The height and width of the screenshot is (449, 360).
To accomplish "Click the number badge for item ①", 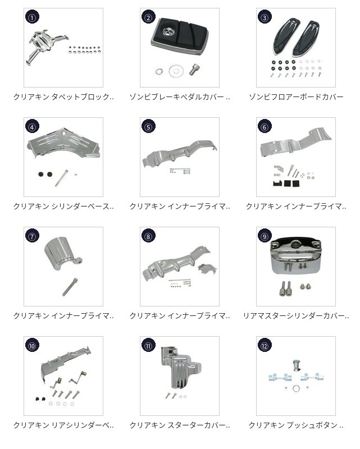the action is [x=32, y=17].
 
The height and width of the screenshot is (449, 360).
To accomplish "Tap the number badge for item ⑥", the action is [x=265, y=127].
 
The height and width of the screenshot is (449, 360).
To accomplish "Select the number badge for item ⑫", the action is [x=265, y=346].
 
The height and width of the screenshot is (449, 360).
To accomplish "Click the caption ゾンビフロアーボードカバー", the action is [x=296, y=97].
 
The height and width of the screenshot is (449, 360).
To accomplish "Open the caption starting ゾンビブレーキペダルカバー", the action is [x=180, y=97].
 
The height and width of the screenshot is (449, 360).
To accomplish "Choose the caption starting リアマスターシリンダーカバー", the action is [x=296, y=316].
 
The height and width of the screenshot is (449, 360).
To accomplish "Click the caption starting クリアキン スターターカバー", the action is [x=180, y=425].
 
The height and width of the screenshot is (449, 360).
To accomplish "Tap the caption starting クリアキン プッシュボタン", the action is [x=296, y=425].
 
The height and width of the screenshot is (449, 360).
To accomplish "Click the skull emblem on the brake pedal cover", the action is [x=167, y=30].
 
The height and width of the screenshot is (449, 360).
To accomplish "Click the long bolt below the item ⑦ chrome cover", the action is [x=70, y=287].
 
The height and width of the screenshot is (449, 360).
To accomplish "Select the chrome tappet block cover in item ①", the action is [x=47, y=46].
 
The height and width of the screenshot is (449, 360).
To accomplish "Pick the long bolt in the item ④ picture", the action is [x=61, y=178].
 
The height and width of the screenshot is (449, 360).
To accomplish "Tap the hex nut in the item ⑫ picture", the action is [x=296, y=388].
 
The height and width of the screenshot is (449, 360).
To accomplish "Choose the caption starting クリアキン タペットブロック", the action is [x=63, y=97].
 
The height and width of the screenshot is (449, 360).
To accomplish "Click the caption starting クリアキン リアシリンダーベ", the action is [x=63, y=425].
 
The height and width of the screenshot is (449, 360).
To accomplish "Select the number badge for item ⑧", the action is [x=148, y=236].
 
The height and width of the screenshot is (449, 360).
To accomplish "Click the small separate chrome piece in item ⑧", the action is [x=207, y=269].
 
